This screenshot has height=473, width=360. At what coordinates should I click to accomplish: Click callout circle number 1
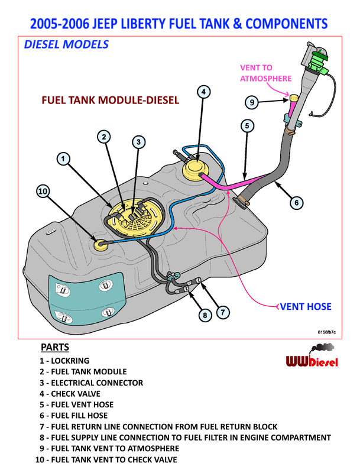[x=64, y=158]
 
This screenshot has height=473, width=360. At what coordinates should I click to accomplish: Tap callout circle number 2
[x=104, y=137]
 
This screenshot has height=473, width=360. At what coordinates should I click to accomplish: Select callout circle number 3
[x=138, y=142]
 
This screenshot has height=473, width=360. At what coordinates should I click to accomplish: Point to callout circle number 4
[x=203, y=92]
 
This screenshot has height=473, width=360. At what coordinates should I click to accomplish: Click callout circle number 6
[x=297, y=203]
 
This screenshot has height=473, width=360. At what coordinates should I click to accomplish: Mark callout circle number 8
[x=205, y=315]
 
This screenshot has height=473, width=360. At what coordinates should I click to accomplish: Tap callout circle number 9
[x=252, y=102]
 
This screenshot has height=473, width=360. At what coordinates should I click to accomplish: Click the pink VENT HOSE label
[x=305, y=306]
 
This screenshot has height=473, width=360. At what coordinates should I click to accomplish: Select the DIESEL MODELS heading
[x=66, y=44]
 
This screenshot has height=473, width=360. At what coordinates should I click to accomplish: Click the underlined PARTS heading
[x=55, y=347]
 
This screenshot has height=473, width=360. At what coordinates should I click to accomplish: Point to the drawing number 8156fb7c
[x=326, y=333]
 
